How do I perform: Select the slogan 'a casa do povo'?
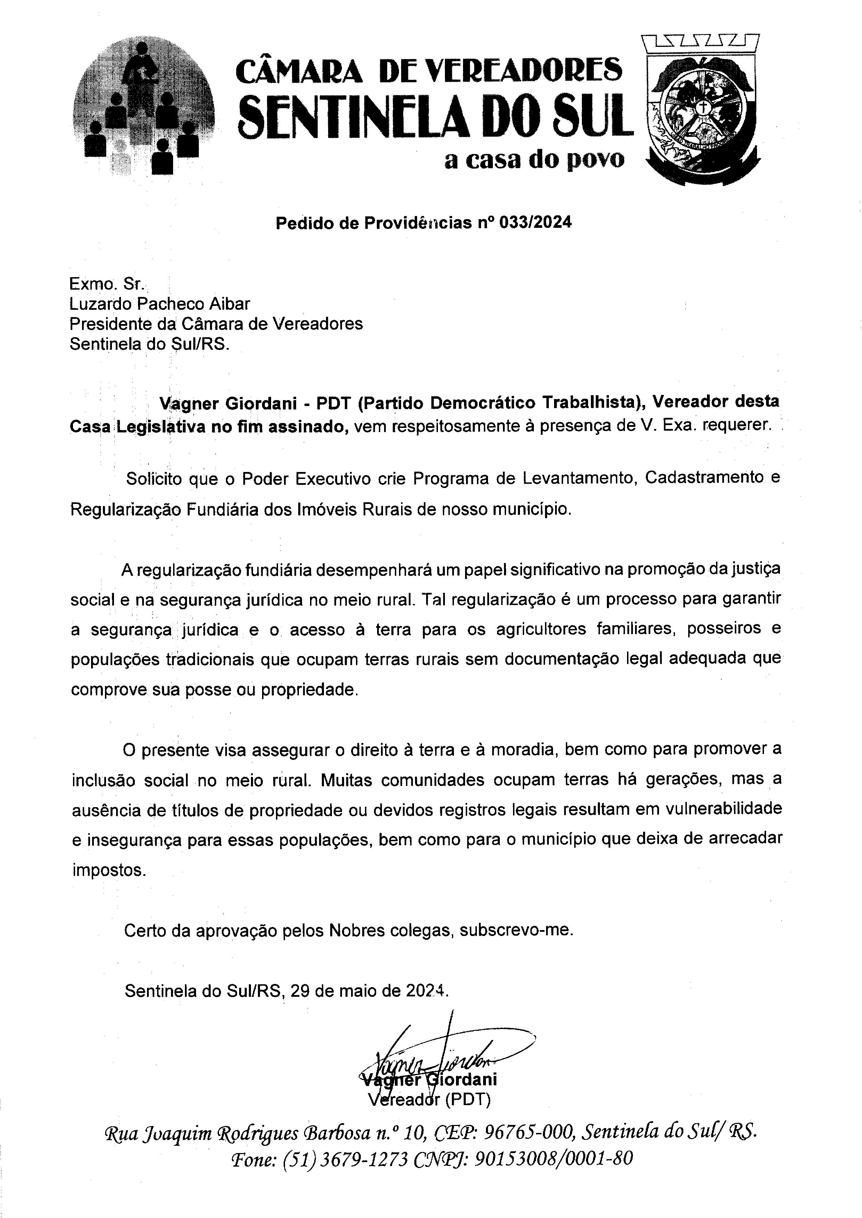tap(534, 159)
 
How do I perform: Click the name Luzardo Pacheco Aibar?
tap(159, 304)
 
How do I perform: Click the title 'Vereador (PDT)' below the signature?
tap(429, 1100)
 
